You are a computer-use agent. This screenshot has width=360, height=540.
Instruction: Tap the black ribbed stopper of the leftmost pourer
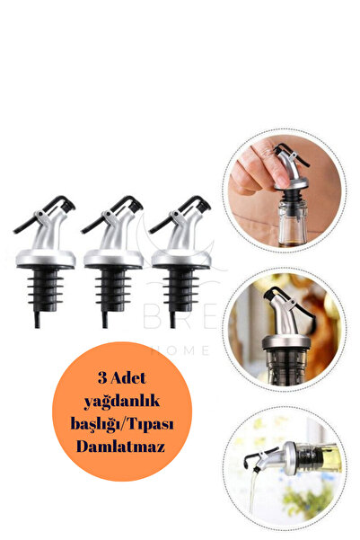(x=39, y=288)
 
